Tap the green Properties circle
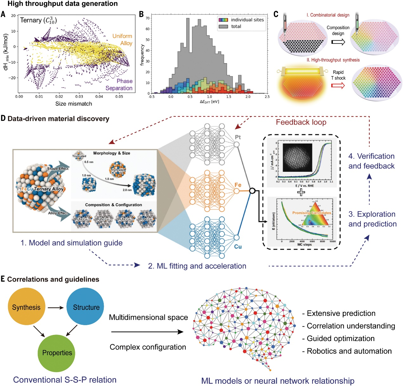pyautogui.click(x=57, y=353)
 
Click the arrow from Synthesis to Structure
pyautogui.click(x=56, y=307)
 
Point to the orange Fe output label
pyautogui.click(x=238, y=185)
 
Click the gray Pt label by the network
pyautogui.click(x=238, y=137)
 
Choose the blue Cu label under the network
pyautogui.click(x=238, y=246)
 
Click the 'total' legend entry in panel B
pyautogui.click(x=236, y=26)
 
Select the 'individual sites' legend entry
pyautogui.click(x=247, y=20)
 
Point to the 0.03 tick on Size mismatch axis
pyautogui.click(x=79, y=97)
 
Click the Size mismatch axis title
pyautogui.click(x=74, y=104)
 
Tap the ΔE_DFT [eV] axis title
pyautogui.click(x=209, y=101)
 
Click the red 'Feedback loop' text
pyautogui.click(x=301, y=122)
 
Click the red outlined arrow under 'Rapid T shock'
pyautogui.click(x=338, y=86)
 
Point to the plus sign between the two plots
pyautogui.click(x=301, y=192)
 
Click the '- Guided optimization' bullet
pyautogui.click(x=338, y=338)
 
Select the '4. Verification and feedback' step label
pyautogui.click(x=371, y=161)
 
